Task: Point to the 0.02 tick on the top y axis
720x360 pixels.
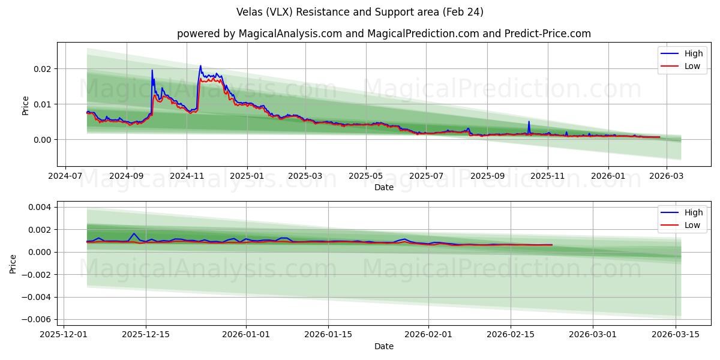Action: (43, 69)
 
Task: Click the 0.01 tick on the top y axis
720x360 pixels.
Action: (43, 104)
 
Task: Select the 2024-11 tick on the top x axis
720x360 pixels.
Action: (187, 177)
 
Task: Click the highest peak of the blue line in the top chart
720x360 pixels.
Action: (200, 66)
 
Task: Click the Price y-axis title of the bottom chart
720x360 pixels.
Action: (13, 263)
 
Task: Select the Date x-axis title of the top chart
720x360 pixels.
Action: (384, 187)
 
